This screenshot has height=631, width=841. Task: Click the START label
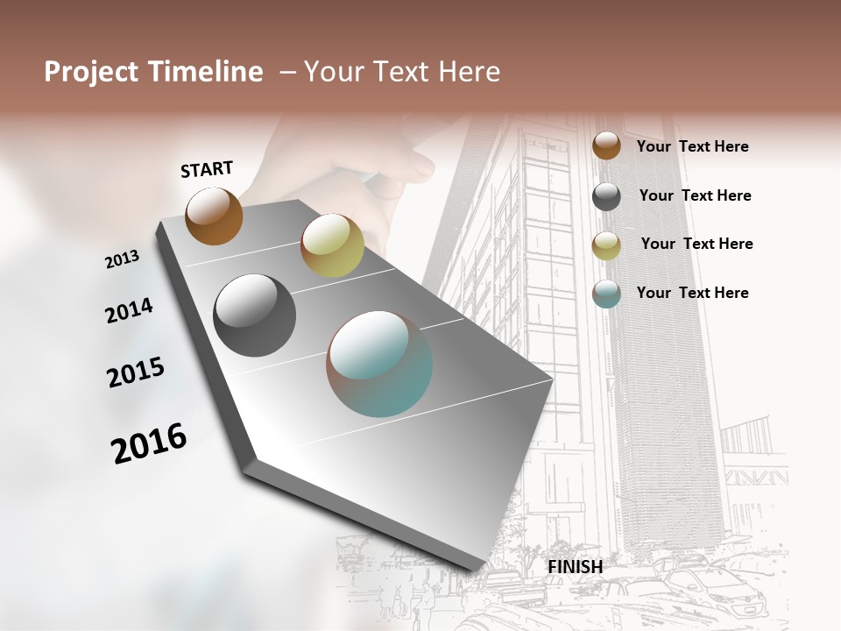(207, 169)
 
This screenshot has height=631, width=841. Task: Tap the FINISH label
(576, 567)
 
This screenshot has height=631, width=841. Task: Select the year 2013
(122, 259)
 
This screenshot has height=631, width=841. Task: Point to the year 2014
(129, 311)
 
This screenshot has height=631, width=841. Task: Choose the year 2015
(136, 372)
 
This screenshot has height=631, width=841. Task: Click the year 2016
(149, 443)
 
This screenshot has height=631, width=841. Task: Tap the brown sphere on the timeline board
(214, 216)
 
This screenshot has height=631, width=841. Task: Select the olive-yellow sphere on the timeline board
(332, 245)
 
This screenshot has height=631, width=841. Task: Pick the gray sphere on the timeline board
(255, 315)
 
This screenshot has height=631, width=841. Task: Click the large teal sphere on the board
(379, 364)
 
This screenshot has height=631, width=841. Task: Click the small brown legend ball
(606, 145)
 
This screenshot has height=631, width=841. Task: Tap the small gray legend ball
(606, 196)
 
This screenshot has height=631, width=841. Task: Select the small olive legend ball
(606, 245)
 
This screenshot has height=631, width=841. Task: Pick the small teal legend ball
(606, 294)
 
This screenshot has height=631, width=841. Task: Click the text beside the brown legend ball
(692, 146)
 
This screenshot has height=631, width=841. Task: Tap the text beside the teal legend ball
(692, 293)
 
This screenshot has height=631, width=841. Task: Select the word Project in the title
(89, 72)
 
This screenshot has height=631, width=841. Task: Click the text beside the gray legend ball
(695, 195)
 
